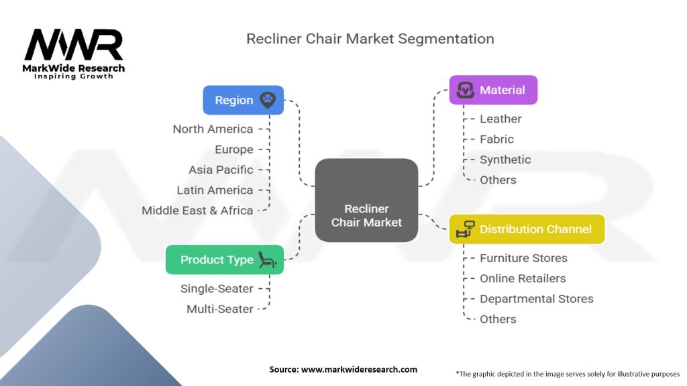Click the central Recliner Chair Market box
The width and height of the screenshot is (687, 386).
[x=366, y=200]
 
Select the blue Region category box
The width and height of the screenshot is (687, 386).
[x=243, y=100]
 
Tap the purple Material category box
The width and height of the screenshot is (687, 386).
[x=493, y=90]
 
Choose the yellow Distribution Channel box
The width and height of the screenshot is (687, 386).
[x=527, y=229]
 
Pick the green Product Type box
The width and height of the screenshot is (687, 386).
[x=225, y=260]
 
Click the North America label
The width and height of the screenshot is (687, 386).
[x=213, y=129]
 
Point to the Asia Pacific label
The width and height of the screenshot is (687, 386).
[x=221, y=170]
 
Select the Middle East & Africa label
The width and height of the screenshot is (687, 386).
[x=197, y=210]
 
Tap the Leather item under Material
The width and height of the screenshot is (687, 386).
[x=500, y=119]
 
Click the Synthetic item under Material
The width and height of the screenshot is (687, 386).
[x=505, y=159]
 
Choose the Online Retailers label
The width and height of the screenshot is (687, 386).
[x=523, y=278]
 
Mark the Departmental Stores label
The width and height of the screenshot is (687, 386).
[x=536, y=299]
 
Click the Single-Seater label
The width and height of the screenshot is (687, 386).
[x=217, y=289]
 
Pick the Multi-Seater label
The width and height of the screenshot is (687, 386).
[x=220, y=309]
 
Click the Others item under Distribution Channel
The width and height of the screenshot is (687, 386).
[x=498, y=319]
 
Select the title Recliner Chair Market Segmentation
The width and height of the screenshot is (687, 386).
[x=370, y=39]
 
